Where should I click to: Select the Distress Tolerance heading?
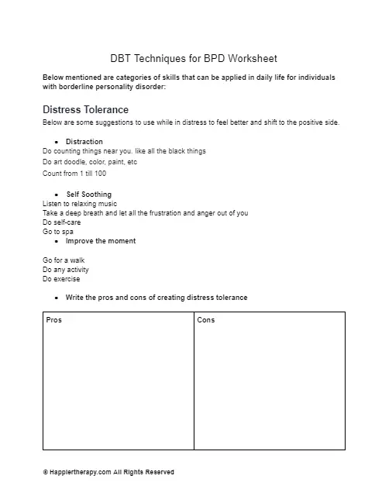tap(85, 110)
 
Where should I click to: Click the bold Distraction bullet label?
tap(84, 142)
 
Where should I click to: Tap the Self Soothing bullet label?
tap(88, 195)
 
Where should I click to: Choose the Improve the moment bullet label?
tap(101, 241)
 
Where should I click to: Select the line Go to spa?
tap(59, 231)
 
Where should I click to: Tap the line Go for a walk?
tap(64, 260)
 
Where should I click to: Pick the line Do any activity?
tap(66, 270)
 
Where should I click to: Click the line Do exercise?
tap(61, 279)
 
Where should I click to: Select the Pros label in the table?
tap(54, 320)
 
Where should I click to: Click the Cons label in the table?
tap(206, 320)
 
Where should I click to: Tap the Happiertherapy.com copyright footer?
tap(108, 472)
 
